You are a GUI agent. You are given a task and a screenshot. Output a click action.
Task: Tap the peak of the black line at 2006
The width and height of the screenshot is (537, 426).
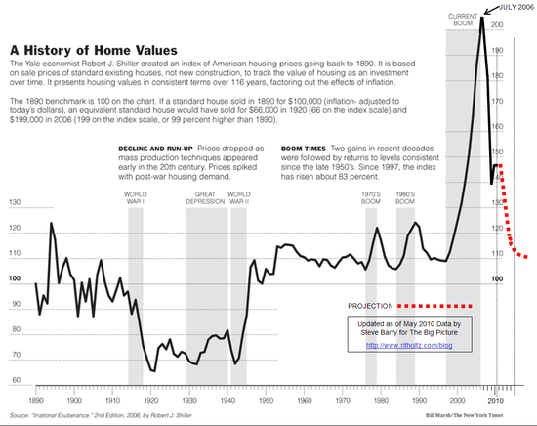[x=481, y=17]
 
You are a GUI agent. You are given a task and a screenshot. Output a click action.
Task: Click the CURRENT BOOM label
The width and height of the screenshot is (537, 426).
[x=462, y=21]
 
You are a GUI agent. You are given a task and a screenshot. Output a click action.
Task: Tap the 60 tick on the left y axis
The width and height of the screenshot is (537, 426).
[x=15, y=380]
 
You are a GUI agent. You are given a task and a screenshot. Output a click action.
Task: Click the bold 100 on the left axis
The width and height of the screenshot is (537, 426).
[x=15, y=279]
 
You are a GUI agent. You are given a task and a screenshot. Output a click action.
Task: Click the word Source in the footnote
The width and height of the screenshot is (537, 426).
[x=20, y=417]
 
